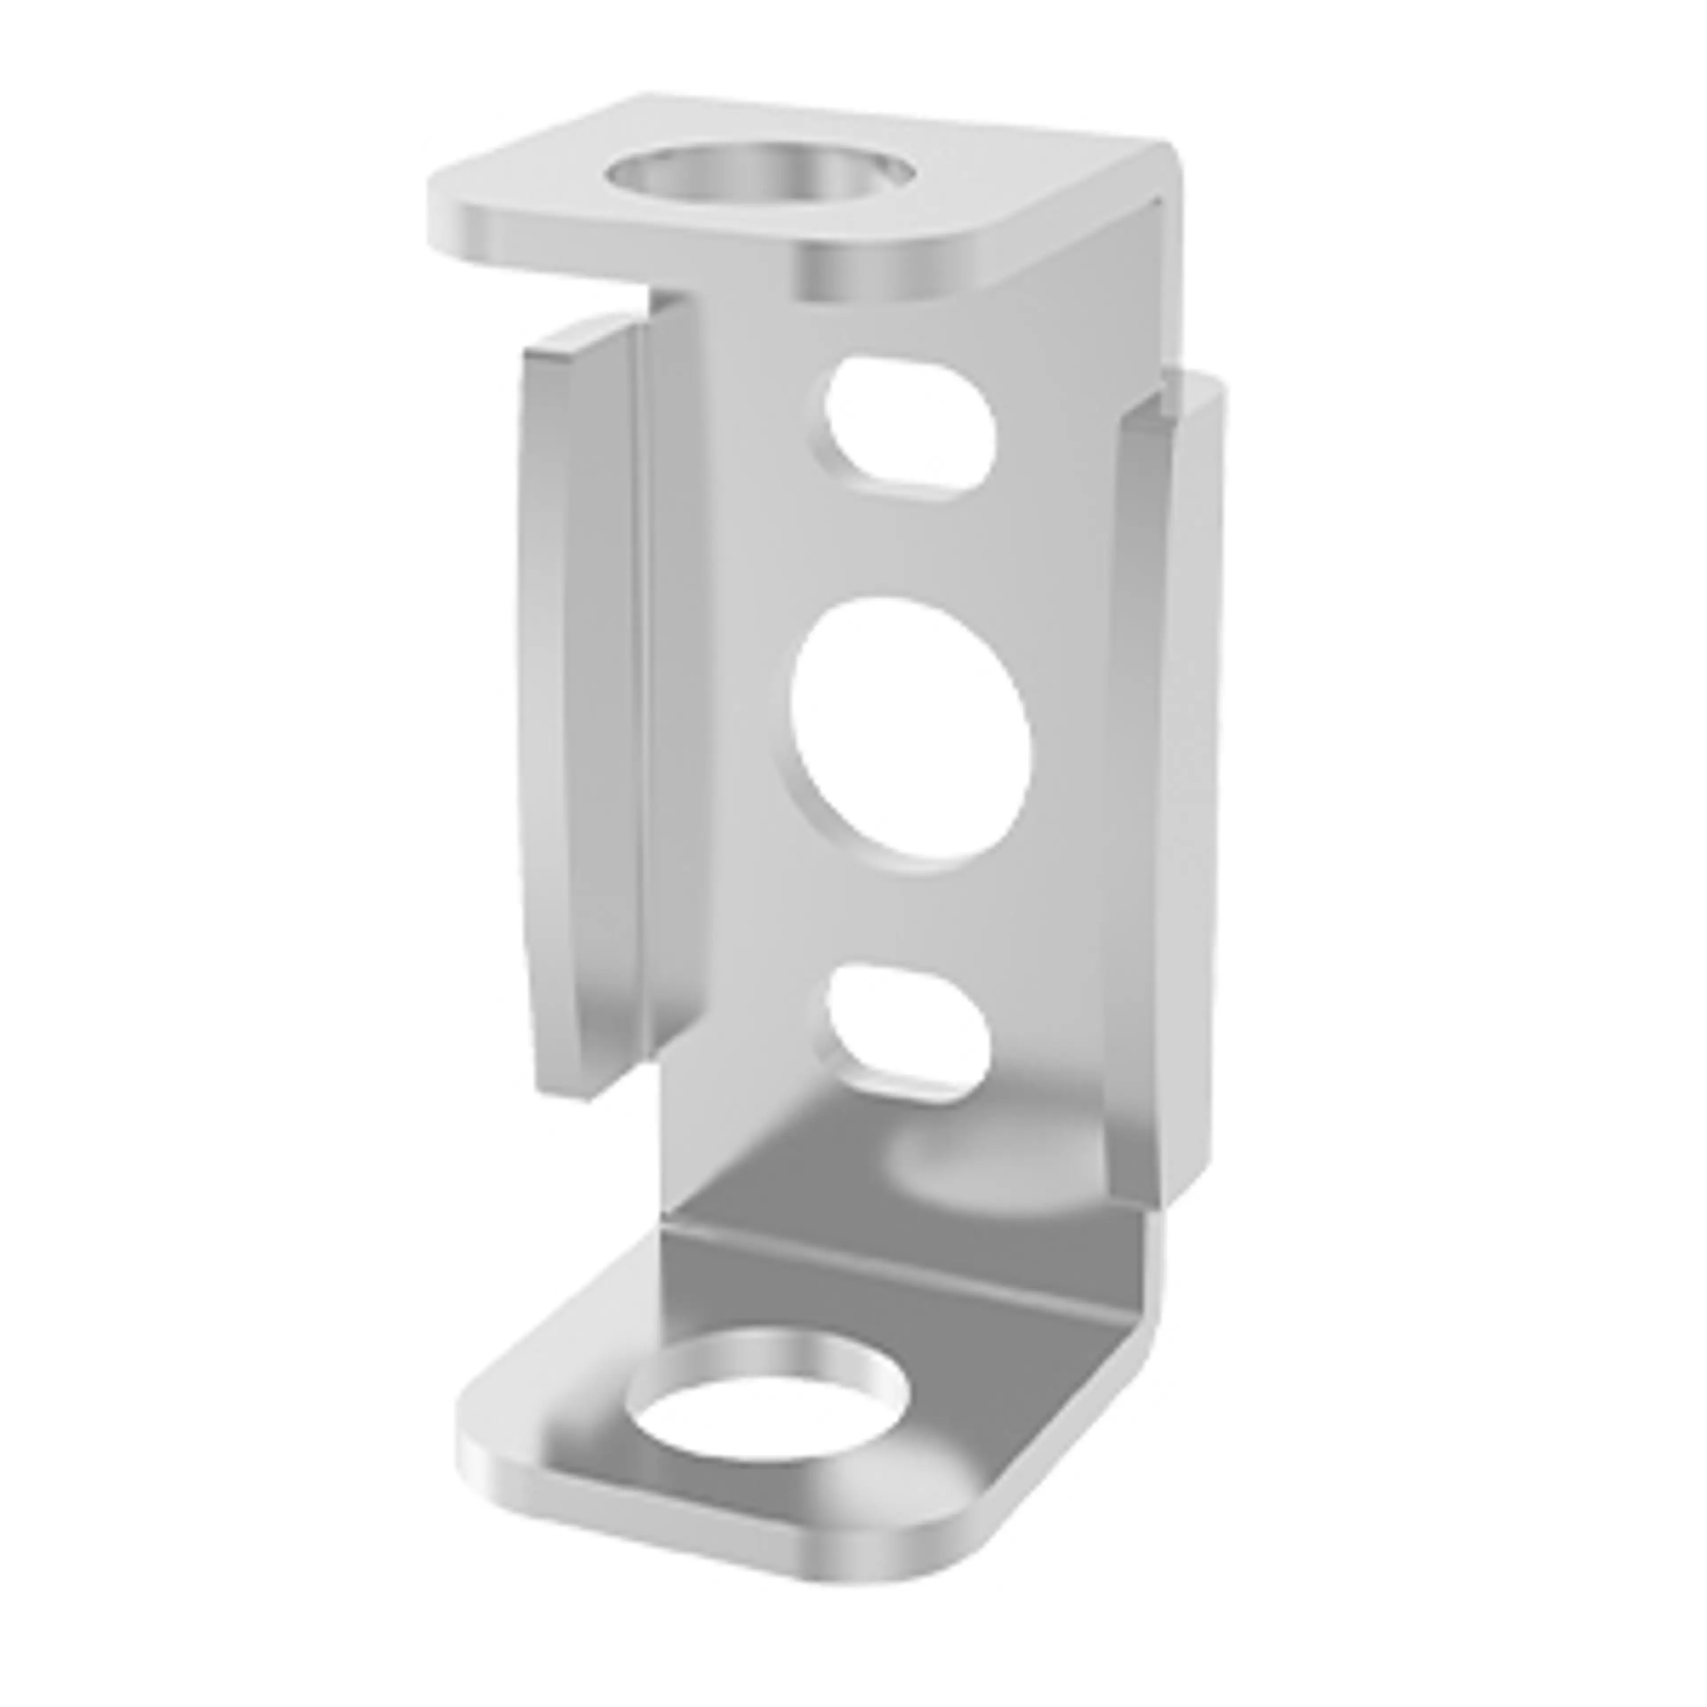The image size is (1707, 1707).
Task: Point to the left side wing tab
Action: click(583, 707)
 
